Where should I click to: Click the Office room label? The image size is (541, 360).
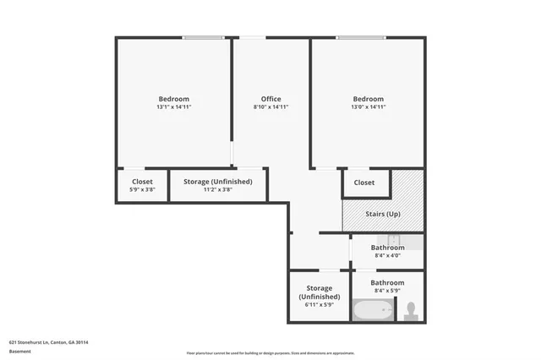click(270, 99)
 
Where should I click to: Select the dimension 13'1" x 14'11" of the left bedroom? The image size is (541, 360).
click(174, 107)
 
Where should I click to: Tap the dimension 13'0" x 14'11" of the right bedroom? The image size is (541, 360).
click(368, 107)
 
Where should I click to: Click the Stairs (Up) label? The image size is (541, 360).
click(382, 214)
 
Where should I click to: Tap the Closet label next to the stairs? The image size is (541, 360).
click(364, 183)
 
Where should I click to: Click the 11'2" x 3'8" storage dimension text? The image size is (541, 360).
click(217, 190)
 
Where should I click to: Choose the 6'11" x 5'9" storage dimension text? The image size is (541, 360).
click(320, 305)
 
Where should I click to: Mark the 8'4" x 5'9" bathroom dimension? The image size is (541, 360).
click(387, 292)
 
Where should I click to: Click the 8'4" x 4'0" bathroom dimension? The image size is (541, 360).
click(387, 256)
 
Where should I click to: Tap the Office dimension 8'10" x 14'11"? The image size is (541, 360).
click(270, 107)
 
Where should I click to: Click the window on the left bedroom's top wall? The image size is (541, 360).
click(204, 37)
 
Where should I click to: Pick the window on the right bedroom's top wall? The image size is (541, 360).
click(362, 37)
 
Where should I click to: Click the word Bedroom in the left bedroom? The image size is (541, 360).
click(174, 99)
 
